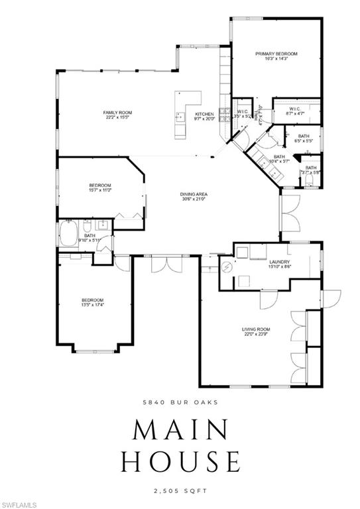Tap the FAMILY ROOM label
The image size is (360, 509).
point(115,113)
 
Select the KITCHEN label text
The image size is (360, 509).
point(204,115)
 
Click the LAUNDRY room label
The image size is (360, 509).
point(279,262)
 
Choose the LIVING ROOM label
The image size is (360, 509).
point(255,329)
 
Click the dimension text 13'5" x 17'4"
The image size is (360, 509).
point(92,306)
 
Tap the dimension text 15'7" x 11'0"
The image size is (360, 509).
point(100,190)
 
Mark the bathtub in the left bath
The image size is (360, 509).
point(69,235)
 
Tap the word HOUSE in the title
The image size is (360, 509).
point(179,460)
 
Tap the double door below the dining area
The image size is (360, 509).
point(166,264)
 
